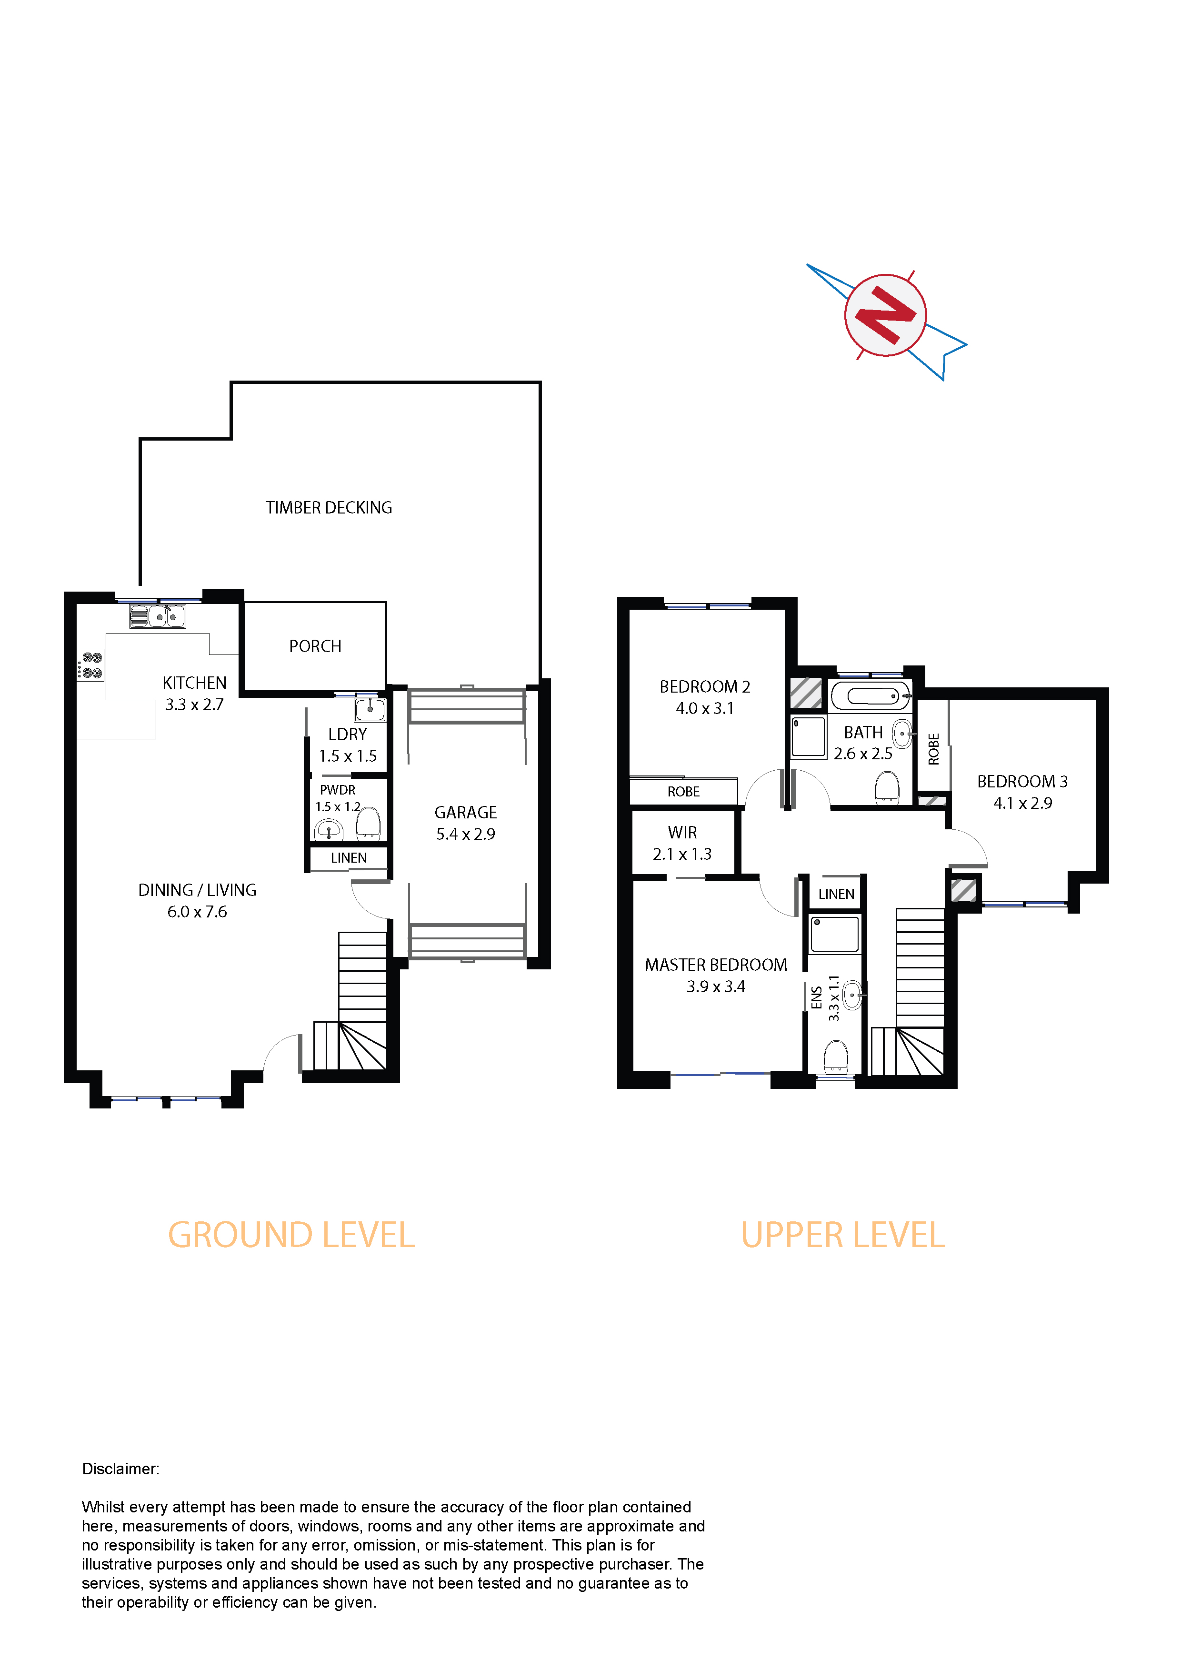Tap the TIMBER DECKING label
[x=329, y=508]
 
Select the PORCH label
[x=315, y=646]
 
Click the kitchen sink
[x=157, y=616]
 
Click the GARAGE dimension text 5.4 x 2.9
[x=466, y=834]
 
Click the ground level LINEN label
[x=349, y=858]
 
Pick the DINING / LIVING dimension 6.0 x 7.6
[x=197, y=912]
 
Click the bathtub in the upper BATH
[x=871, y=696]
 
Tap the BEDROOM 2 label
[x=704, y=687]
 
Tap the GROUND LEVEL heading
[x=291, y=1236]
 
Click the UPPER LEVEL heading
[x=842, y=1236]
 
